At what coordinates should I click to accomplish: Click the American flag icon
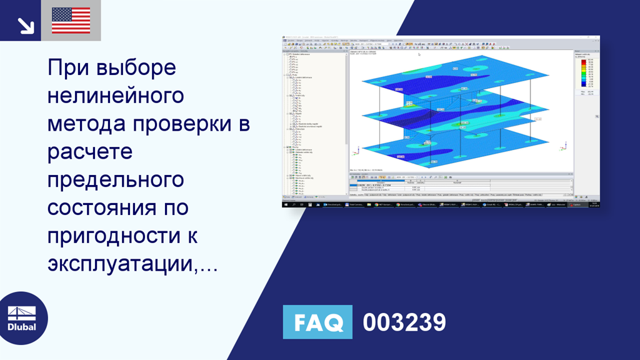point(71,21)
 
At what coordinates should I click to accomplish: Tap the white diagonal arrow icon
point(25,24)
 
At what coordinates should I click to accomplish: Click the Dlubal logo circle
point(24,318)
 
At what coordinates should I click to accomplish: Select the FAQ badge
point(317,322)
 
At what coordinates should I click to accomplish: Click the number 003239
point(404,322)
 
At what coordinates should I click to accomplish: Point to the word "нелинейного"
point(116,96)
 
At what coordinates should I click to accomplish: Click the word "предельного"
point(116,180)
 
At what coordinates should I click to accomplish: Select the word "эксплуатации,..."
point(132,264)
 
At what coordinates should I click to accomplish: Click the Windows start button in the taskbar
point(286,204)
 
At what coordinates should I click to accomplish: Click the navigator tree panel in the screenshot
point(316,125)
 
